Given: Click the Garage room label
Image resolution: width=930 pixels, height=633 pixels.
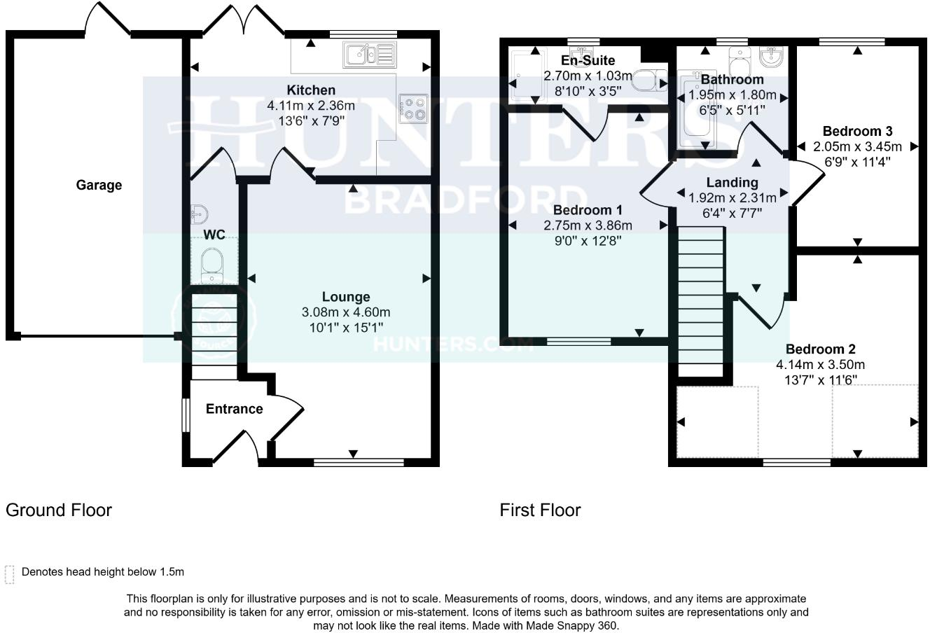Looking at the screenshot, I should click(99, 185).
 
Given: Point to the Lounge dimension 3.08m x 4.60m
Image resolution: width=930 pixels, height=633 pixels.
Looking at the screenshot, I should click(346, 312).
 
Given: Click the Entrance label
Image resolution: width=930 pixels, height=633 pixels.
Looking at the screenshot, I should click(234, 409).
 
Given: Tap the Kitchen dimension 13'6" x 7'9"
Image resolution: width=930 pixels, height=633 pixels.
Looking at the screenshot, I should click(310, 120).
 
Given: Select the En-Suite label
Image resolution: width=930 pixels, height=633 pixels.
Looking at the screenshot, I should click(588, 60).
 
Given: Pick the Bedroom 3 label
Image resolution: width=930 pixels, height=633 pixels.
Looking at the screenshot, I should click(857, 131).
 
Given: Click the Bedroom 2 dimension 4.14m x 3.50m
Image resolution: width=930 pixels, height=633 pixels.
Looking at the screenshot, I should click(820, 364).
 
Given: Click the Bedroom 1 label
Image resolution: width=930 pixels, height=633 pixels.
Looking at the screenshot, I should click(588, 210).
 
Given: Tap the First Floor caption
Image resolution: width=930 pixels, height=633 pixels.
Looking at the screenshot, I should click(540, 510).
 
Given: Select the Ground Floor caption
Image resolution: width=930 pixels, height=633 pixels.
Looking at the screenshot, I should click(59, 510).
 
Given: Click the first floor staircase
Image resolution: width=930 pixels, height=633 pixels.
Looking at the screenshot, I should click(700, 301).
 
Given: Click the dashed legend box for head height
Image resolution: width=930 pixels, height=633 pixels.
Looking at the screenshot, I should click(10, 573).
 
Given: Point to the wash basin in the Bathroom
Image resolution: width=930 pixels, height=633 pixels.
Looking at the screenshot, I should click(771, 56).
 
